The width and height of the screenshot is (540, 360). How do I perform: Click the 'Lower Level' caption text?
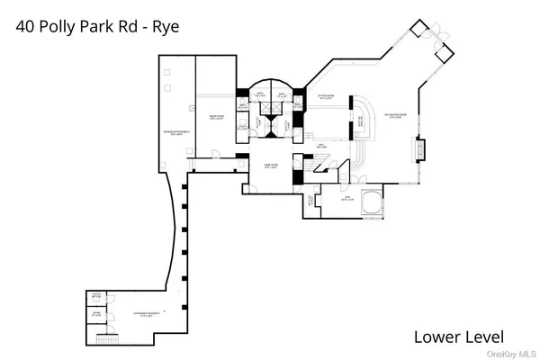(x=457, y=337)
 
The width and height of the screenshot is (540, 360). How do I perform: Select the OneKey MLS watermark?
(x=515, y=354)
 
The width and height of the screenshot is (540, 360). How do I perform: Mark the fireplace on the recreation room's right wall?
(x=417, y=149)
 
